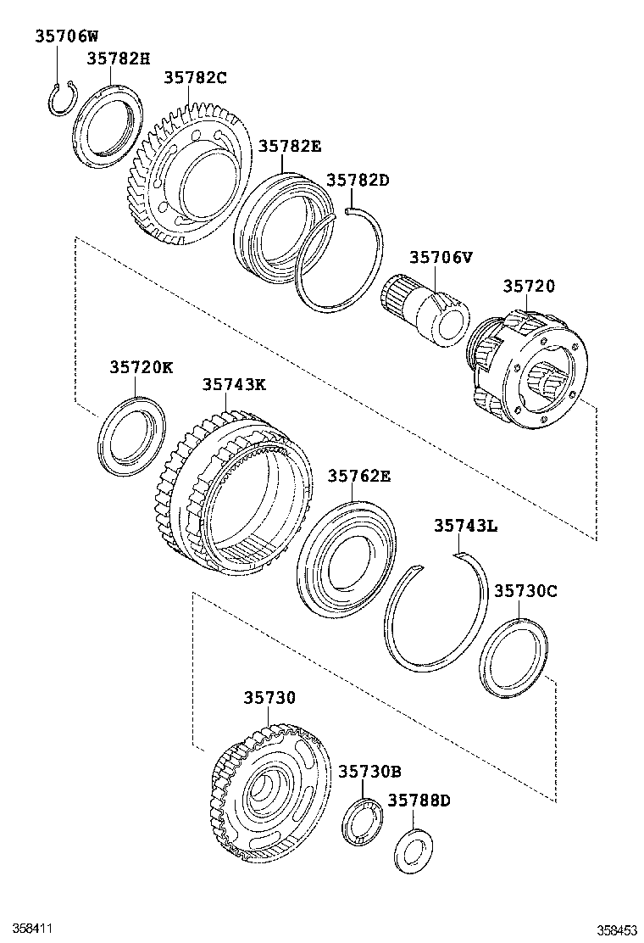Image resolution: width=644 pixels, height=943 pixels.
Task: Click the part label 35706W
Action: click(67, 36)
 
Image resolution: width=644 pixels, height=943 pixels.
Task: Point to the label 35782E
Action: click(290, 146)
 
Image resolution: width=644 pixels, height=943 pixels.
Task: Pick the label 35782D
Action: click(358, 180)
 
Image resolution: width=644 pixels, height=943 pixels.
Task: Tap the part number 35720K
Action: click(141, 367)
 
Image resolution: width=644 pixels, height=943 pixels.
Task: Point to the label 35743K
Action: click(234, 384)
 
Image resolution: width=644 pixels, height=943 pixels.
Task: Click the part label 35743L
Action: click(465, 526)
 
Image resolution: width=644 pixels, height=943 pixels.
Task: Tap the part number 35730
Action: click(269, 697)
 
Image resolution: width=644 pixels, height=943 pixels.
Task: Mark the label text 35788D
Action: click(419, 800)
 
